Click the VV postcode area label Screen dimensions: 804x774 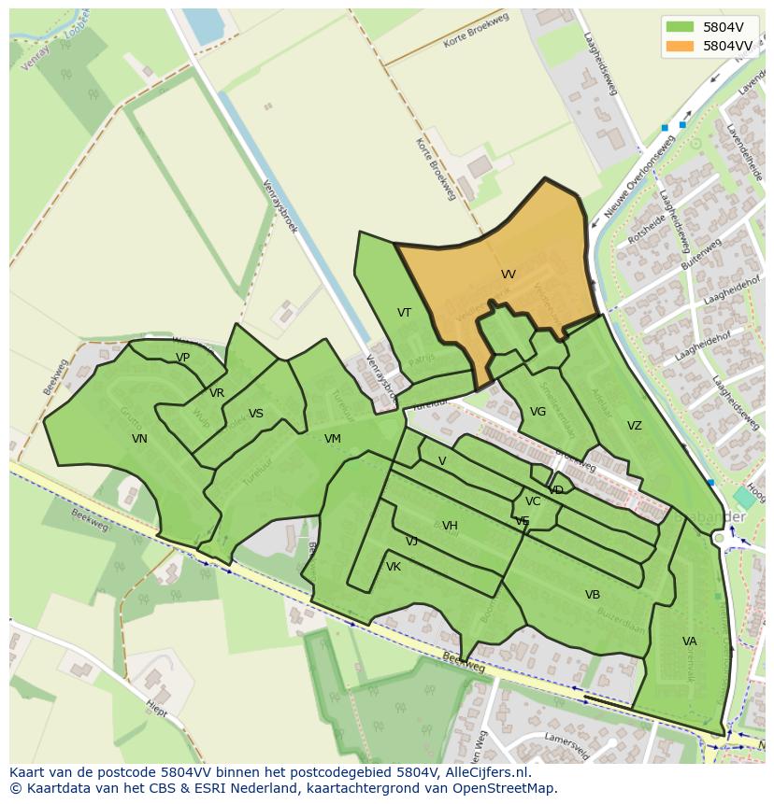[508, 275]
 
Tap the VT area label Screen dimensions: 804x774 [404, 313]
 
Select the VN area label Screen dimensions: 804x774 [139, 439]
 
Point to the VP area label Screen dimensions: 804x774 [182, 358]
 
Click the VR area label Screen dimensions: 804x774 [217, 393]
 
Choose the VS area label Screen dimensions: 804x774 [255, 414]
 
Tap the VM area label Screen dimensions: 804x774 [332, 439]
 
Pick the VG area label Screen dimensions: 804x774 [537, 412]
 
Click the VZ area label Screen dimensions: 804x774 [635, 426]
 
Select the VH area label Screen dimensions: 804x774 [450, 526]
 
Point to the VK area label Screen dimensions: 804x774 [394, 567]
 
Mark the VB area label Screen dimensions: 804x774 [593, 595]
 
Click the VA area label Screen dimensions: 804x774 [689, 642]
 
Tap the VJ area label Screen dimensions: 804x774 [411, 542]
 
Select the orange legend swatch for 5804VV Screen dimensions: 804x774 [680, 45]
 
